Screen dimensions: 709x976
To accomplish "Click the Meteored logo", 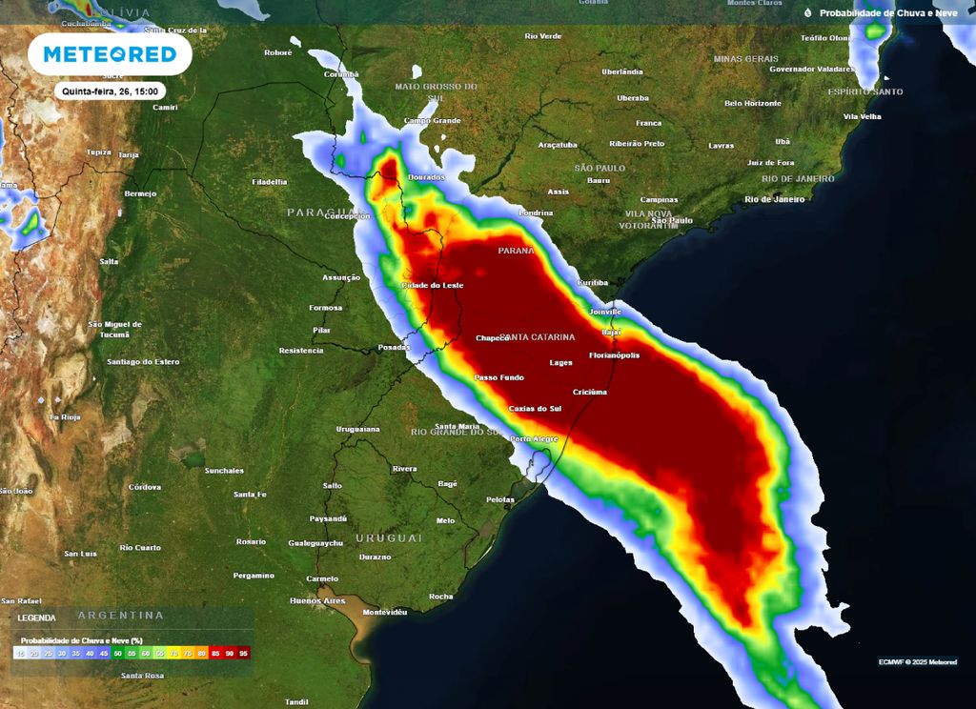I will click(111, 54).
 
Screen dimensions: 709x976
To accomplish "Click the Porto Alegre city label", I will click(534, 438).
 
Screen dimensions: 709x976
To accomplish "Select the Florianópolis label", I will click(614, 355).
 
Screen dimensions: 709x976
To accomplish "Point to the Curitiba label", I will click(592, 283).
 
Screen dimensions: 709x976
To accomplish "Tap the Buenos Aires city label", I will click(317, 600).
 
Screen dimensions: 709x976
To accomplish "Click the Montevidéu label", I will click(385, 611).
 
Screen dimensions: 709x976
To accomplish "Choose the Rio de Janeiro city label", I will click(775, 199).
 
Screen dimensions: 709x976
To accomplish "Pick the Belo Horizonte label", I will click(752, 103).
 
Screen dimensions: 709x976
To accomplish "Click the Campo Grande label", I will click(432, 121).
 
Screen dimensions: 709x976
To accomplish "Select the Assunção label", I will click(341, 277).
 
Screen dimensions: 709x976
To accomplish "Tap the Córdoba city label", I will click(145, 487).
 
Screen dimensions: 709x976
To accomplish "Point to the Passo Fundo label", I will click(499, 377).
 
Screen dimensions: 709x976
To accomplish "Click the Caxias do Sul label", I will click(535, 409).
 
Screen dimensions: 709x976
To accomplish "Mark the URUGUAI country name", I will click(388, 537).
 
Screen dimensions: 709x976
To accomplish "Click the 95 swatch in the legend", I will click(244, 654).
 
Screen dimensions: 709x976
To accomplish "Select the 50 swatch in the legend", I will click(118, 654).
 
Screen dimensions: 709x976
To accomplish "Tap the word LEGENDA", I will click(36, 618).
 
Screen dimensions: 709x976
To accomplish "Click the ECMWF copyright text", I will click(918, 662).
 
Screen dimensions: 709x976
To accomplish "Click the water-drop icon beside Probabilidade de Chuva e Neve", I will click(807, 13).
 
